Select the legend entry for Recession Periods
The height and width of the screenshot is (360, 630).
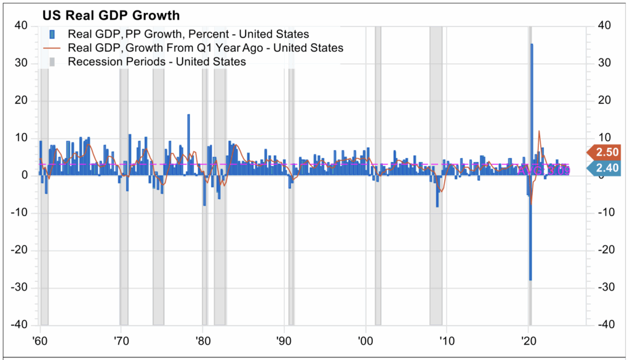156,62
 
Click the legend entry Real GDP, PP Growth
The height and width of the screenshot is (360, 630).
188,34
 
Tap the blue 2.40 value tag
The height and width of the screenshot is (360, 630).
605,167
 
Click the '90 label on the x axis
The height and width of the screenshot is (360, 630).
284,341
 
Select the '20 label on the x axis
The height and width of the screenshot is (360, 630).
527,341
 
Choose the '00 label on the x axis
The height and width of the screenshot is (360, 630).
365,341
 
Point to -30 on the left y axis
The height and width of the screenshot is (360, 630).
20,287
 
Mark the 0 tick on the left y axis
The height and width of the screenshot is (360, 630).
25,175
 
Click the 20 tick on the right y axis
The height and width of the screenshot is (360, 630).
603,100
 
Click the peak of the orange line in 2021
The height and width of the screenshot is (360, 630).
539,131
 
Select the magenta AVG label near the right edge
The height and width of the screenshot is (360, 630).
544,170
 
